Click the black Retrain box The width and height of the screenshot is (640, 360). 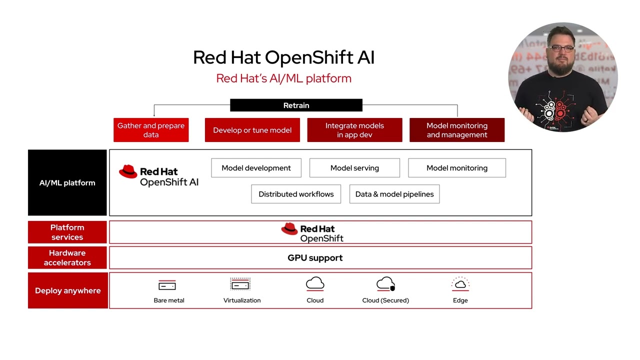(x=296, y=105)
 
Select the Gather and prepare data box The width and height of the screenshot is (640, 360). (x=151, y=130)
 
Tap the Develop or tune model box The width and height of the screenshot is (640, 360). (x=252, y=130)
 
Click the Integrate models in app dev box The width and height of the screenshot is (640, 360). (x=354, y=130)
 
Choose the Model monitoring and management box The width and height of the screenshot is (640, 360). (x=457, y=130)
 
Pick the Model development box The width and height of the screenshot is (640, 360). (x=256, y=168)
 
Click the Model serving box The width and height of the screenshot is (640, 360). (x=354, y=168)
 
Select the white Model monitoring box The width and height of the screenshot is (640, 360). (x=457, y=168)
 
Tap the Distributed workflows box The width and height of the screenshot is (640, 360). (x=296, y=194)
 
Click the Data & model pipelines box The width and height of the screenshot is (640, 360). (x=394, y=194)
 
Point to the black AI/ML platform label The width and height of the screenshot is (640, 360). (x=67, y=182)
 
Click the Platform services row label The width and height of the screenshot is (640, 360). (x=67, y=232)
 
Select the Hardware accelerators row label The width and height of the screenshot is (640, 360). (x=67, y=257)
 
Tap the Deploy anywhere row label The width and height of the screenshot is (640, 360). (x=67, y=290)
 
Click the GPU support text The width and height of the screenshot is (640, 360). (x=315, y=258)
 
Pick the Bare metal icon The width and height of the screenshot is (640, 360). (x=167, y=285)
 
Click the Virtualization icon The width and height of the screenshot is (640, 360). (x=240, y=285)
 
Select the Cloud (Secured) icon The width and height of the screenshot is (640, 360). (x=385, y=284)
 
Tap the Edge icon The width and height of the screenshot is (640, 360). (x=460, y=284)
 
